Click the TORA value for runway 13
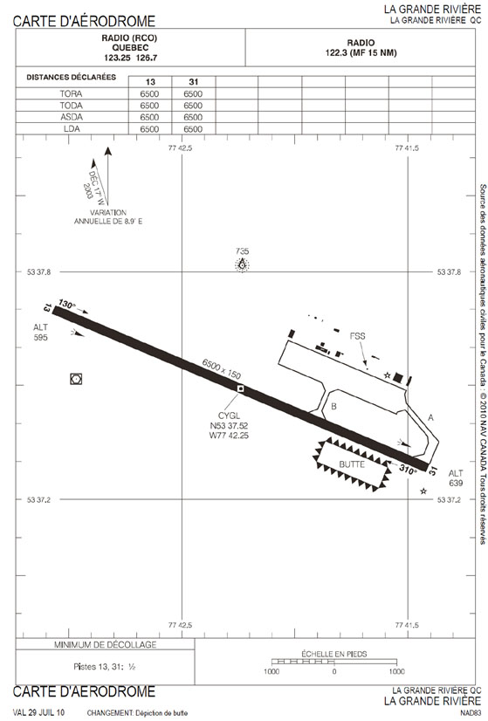[149, 93]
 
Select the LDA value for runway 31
[193, 129]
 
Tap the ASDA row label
[72, 117]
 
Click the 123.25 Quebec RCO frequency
[117, 58]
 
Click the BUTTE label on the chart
[352, 465]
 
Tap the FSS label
[357, 336]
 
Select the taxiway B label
[334, 407]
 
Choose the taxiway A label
[430, 417]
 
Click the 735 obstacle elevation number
[242, 251]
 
